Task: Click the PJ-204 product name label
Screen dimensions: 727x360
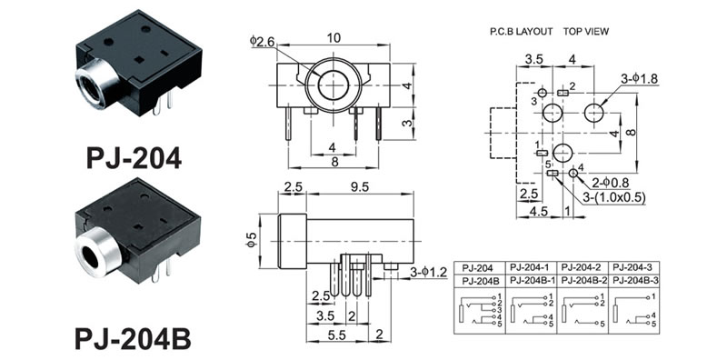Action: [134, 158]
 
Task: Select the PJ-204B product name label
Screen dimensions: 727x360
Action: [133, 339]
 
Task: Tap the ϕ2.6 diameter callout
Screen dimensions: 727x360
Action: [263, 42]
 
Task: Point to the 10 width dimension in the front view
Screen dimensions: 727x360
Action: [334, 38]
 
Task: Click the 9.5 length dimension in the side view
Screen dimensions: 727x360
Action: [359, 186]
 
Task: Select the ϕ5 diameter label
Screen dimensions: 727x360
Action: [252, 239]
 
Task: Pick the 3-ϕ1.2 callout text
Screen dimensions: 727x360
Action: [429, 273]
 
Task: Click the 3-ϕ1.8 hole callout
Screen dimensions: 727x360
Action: [640, 78]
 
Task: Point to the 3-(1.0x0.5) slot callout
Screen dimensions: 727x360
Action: [614, 197]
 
